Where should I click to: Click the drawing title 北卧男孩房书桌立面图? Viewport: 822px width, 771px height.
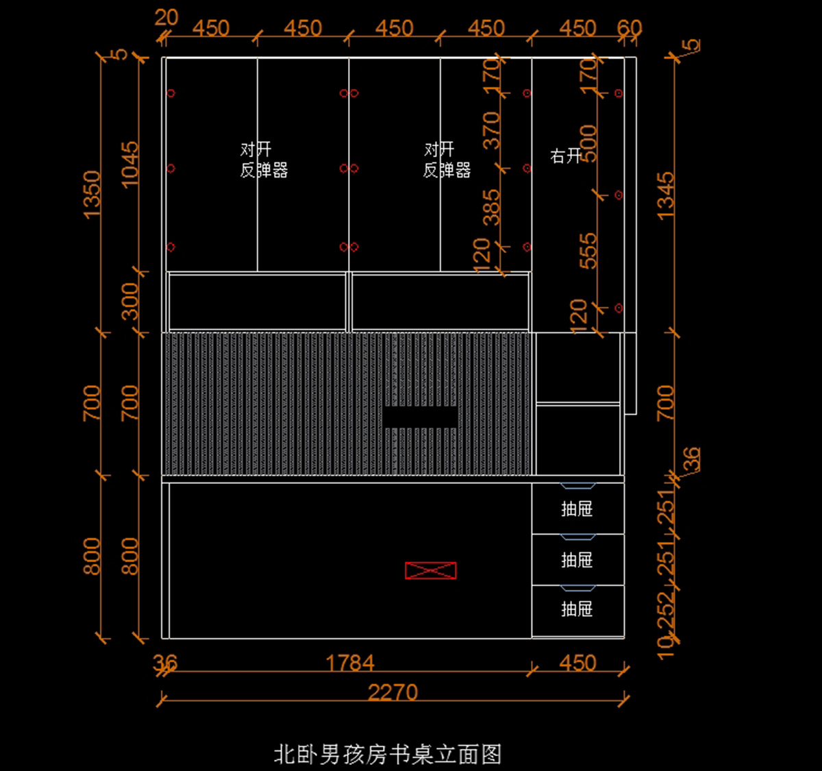[388, 755]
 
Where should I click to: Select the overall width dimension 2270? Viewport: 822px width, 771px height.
[393, 692]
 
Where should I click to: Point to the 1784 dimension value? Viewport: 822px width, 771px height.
[350, 663]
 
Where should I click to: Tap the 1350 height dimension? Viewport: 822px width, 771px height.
[92, 195]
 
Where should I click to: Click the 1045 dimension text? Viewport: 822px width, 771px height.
[129, 164]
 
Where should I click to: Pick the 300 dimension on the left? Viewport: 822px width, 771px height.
[129, 302]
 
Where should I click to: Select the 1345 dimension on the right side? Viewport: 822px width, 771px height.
[666, 196]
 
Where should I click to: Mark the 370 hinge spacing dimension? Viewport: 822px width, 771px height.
[492, 130]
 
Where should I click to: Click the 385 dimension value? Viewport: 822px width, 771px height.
[492, 208]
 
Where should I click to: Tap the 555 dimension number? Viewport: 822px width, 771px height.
[588, 251]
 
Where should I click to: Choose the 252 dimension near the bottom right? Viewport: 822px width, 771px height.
[666, 609]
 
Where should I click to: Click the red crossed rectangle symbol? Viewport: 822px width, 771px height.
[430, 570]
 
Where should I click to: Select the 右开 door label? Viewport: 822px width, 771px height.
[566, 156]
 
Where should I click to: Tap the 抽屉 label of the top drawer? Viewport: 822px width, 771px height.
[577, 509]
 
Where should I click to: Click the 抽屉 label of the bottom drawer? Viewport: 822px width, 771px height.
[577, 609]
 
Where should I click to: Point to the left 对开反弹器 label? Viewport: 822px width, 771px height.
[263, 160]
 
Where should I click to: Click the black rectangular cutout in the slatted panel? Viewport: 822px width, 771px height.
[420, 417]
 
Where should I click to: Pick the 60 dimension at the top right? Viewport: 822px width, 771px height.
[629, 28]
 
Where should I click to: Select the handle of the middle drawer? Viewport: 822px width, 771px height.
[577, 537]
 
